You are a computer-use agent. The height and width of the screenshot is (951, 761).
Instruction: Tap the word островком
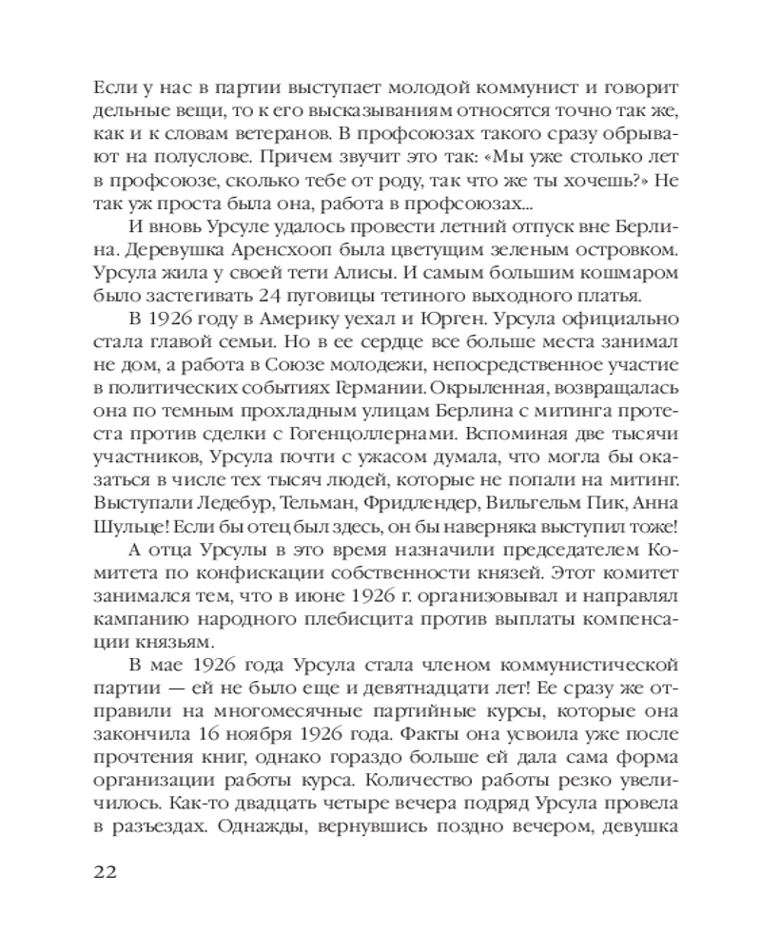tap(627, 250)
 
